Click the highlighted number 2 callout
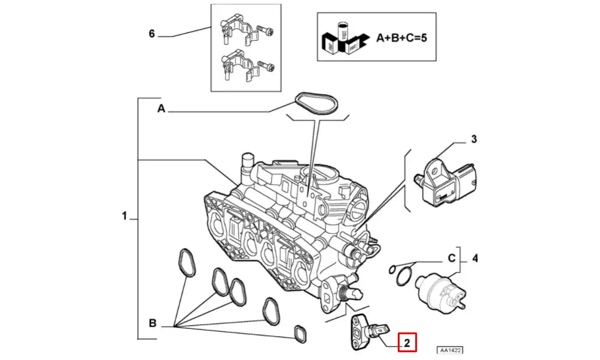point(406,343)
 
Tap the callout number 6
point(152,34)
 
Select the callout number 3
point(473,140)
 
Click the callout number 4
point(475,259)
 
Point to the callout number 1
point(124,216)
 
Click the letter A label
point(161,109)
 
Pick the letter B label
point(152,324)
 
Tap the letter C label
point(452,259)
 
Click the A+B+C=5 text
point(401,37)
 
